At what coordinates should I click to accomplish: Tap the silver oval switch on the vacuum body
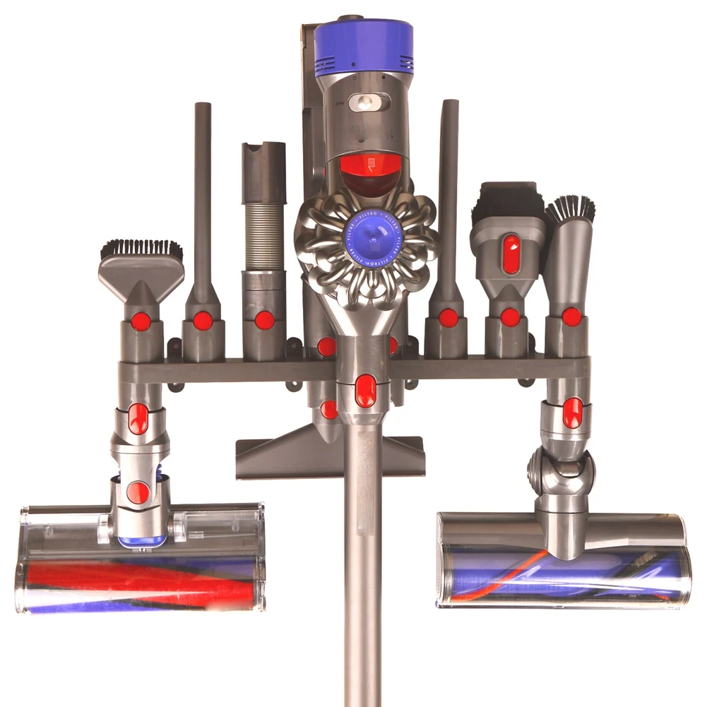pyautogui.click(x=369, y=102)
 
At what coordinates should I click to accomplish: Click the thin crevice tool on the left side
pyautogui.click(x=203, y=198)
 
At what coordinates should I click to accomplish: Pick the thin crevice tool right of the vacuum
pyautogui.click(x=448, y=198)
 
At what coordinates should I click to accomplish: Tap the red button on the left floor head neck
pyautogui.click(x=140, y=492)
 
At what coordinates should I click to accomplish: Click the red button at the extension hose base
pyautogui.click(x=265, y=320)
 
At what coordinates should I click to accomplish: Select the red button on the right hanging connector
pyautogui.click(x=573, y=412)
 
